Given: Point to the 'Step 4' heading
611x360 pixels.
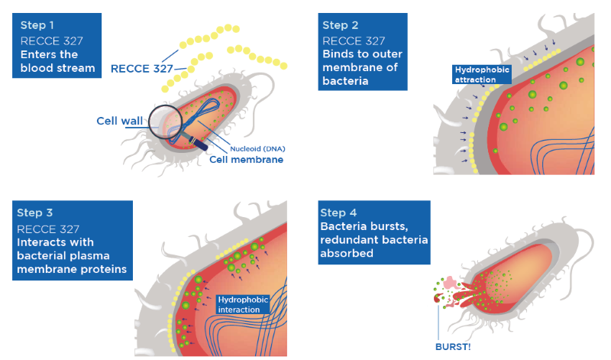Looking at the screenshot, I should tap(341, 212).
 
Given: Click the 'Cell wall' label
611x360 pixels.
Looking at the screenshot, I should tap(118, 121).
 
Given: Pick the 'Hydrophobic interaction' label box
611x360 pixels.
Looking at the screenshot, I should tap(243, 304).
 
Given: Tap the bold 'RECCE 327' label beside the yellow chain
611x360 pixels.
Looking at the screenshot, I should tap(141, 69).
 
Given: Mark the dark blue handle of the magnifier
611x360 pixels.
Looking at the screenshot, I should tap(199, 142).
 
